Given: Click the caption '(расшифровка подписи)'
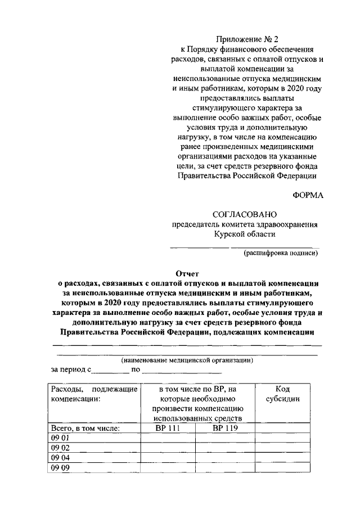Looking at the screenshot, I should [x=281, y=253].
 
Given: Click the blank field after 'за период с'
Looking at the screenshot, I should [x=110, y=371].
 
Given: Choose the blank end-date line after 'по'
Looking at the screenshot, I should [x=182, y=371].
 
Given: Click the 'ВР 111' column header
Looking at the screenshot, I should [x=167, y=429].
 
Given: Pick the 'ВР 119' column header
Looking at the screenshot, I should [x=225, y=429].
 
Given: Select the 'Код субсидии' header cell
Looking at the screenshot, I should [x=282, y=394].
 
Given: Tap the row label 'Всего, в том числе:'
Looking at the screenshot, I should [x=85, y=429].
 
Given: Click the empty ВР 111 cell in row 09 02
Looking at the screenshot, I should [x=167, y=448].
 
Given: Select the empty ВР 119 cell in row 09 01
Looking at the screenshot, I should [x=225, y=438].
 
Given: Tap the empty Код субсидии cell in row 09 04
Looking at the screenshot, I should [x=282, y=457].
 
